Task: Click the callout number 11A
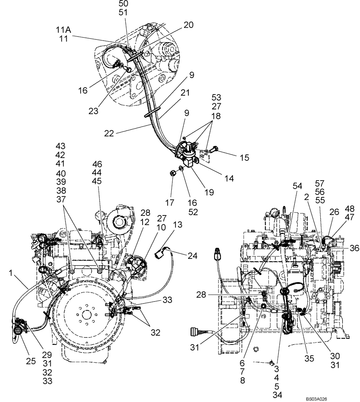point(63,29)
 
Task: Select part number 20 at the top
point(188,25)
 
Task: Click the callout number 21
point(185,93)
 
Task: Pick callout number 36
point(354,248)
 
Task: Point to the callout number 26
point(335,212)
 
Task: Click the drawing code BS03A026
point(316,399)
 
